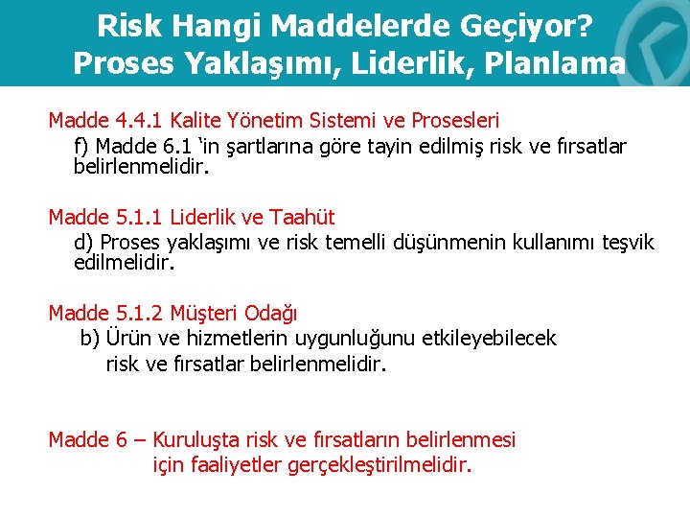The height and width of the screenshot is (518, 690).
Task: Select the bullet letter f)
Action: pyautogui.click(x=83, y=146)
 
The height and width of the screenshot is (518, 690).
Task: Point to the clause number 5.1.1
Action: pyautogui.click(x=139, y=217)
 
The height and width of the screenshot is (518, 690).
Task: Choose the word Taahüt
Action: pyautogui.click(x=303, y=217)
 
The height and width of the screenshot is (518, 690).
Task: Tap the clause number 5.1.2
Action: pyautogui.click(x=139, y=313)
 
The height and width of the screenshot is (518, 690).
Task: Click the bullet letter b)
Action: pyautogui.click(x=90, y=338)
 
